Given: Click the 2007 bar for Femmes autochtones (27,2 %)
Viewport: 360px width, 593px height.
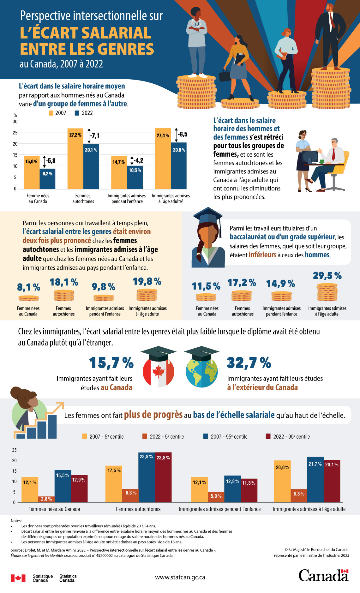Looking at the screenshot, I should (x=75, y=159).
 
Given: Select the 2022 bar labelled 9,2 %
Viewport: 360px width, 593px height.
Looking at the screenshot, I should (x=47, y=179).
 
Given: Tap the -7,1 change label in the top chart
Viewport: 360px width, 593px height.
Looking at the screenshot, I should (x=94, y=136).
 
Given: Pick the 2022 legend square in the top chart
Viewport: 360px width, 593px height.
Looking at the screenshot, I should (x=77, y=113).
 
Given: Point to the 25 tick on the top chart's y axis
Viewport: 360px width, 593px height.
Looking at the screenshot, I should (x=15, y=133).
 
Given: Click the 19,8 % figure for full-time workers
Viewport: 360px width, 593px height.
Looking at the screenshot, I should (x=147, y=281).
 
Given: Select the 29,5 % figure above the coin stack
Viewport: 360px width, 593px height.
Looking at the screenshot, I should (x=327, y=276).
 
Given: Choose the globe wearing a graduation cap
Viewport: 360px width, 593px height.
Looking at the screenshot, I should (x=201, y=368).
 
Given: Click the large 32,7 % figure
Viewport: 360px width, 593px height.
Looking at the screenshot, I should (x=249, y=363).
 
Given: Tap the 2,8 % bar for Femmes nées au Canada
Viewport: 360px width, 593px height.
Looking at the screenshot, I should (x=46, y=499).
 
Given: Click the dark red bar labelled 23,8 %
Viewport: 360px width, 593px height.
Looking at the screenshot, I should (x=163, y=477).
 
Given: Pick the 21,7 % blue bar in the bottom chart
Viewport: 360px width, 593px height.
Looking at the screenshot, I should (x=315, y=479).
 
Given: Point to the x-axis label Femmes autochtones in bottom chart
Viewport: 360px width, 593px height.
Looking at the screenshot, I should (x=138, y=509).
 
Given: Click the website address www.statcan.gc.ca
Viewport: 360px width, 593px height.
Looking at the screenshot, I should (x=180, y=577).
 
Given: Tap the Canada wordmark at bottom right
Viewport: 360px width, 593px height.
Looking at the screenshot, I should (x=323, y=576).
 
